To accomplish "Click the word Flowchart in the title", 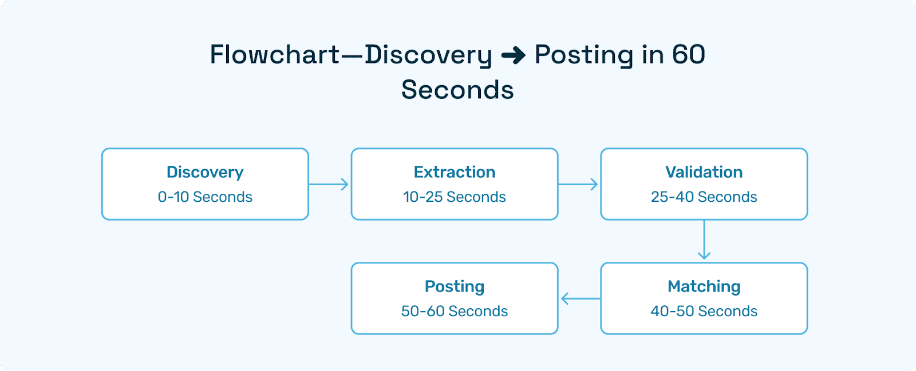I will (275, 55).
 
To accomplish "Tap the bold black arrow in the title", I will (513, 55).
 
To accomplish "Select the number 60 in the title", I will (688, 55).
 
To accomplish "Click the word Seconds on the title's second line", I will (457, 90).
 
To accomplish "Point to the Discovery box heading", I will (205, 172).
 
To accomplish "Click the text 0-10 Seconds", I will (205, 197).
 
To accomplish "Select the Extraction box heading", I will (455, 172).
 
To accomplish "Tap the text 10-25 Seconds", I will (455, 197).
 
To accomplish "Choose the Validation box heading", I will (704, 172).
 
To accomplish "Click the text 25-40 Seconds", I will (704, 197).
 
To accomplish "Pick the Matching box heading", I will (704, 286).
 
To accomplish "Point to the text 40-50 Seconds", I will (704, 311).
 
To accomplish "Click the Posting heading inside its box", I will (455, 286).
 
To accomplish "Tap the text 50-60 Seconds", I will (455, 311).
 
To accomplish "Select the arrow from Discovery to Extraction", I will (329, 184).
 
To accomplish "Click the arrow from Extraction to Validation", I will (578, 184).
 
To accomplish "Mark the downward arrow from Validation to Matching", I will (704, 240).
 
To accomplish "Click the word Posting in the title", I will (583, 55).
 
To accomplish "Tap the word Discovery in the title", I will (428, 55).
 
